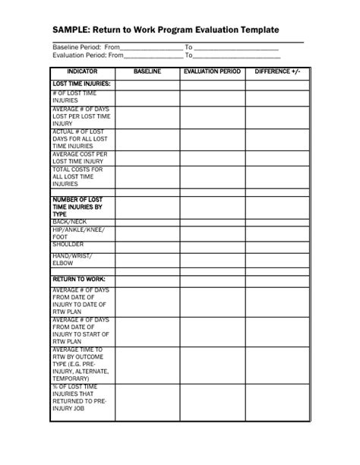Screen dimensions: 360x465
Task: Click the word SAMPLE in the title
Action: point(72,30)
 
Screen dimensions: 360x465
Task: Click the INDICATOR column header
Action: point(82,71)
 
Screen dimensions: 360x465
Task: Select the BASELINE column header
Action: point(147,71)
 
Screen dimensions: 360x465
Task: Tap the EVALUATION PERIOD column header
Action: point(212,71)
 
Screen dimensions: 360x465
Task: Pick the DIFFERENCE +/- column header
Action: point(277,71)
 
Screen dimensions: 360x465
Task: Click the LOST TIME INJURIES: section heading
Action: point(81,83)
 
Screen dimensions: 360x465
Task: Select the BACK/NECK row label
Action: point(69,221)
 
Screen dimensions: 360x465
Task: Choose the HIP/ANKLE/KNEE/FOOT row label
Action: point(78,232)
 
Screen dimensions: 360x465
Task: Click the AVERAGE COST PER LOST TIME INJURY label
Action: point(79,158)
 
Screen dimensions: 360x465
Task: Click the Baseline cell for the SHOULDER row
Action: point(147,245)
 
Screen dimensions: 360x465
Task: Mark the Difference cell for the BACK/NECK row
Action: point(277,221)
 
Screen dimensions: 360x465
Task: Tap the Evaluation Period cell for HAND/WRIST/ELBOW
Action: point(212,260)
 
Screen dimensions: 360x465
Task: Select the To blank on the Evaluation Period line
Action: point(236,55)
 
